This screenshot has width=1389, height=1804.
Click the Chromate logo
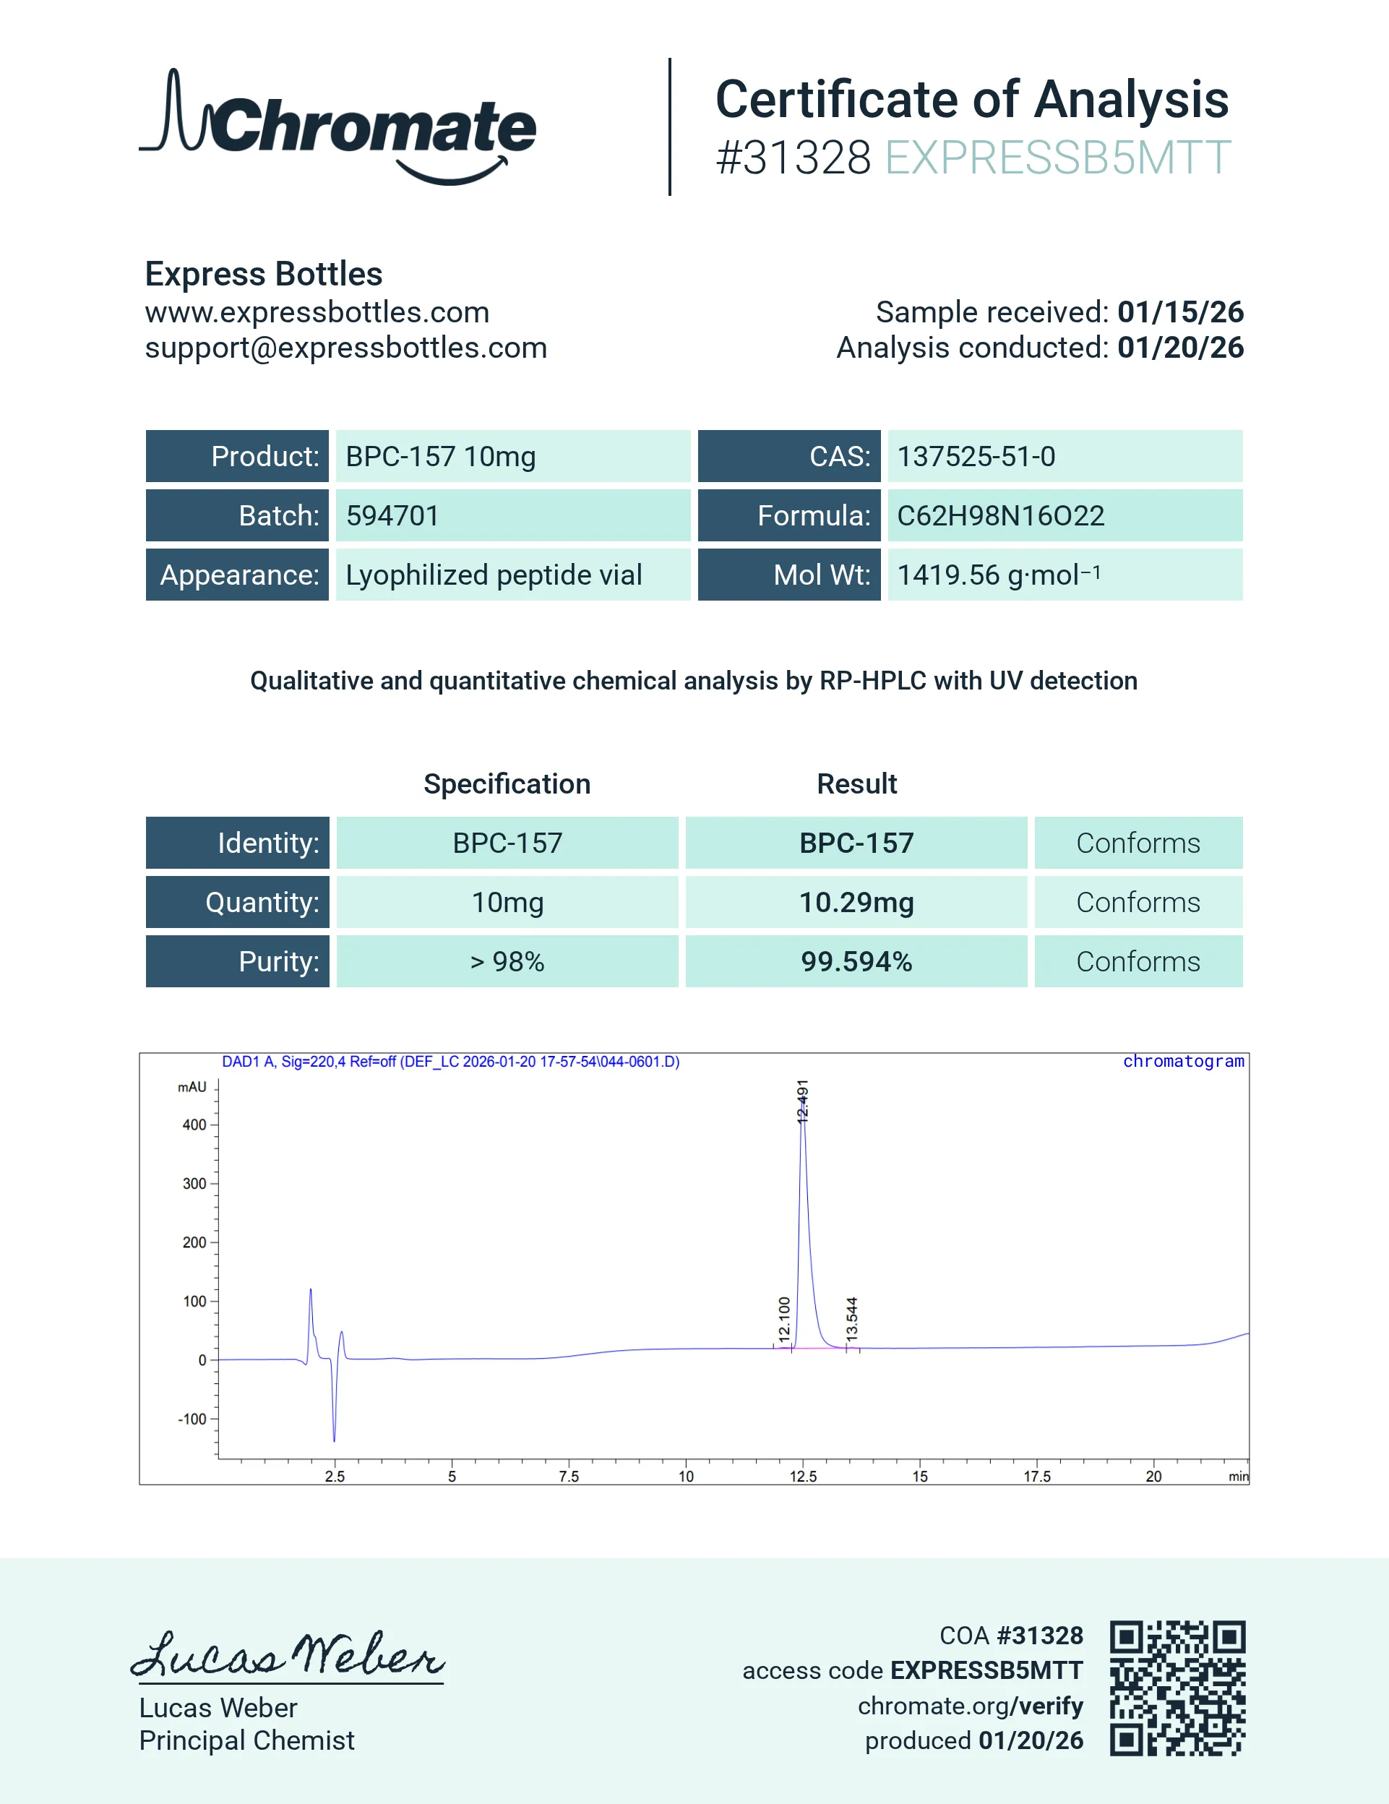click(x=337, y=126)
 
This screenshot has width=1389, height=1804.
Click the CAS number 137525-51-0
click(x=976, y=457)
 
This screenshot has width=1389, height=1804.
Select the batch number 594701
click(x=392, y=516)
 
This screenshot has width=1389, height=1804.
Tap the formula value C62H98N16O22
click(x=1000, y=516)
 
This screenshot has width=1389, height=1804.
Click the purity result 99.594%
click(x=856, y=961)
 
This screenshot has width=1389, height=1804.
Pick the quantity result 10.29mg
click(x=856, y=902)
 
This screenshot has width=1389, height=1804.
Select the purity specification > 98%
click(x=507, y=961)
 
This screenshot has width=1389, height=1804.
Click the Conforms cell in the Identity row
click(x=1138, y=843)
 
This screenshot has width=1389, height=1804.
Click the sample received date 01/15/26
click(x=1180, y=312)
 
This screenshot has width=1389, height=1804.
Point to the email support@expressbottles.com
click(x=346, y=348)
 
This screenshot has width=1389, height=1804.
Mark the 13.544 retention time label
click(x=852, y=1318)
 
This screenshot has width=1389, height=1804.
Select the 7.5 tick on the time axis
click(x=569, y=1476)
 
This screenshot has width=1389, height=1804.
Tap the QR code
click(x=1177, y=1688)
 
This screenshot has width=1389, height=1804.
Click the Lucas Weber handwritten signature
click(x=288, y=1654)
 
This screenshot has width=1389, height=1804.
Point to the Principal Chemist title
click(x=247, y=1740)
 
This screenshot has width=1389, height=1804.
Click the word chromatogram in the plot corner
click(x=1182, y=1062)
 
